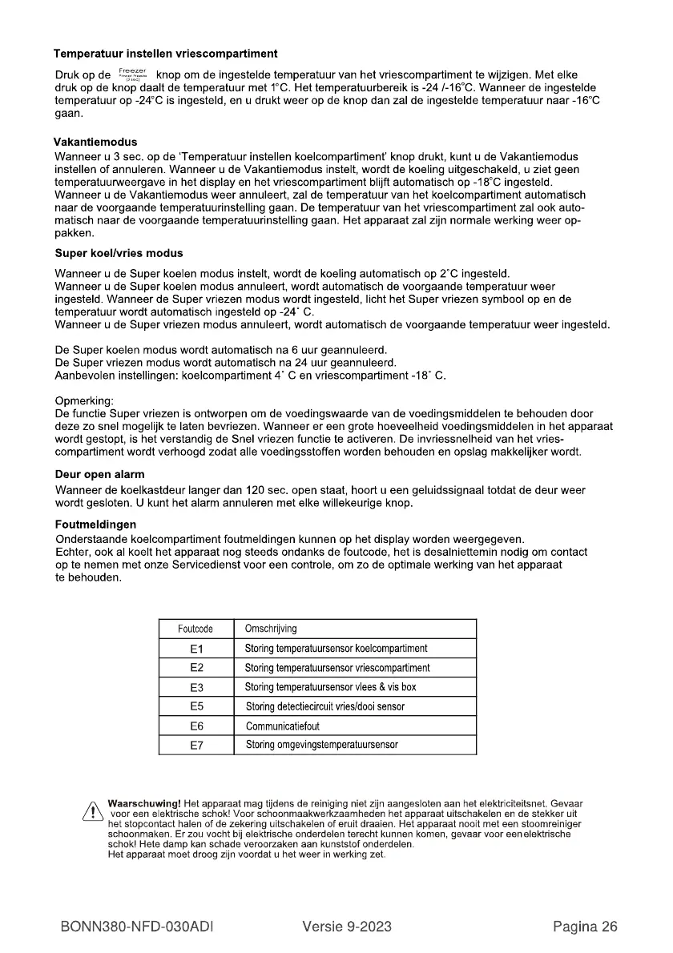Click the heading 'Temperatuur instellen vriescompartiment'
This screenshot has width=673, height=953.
pos(166,54)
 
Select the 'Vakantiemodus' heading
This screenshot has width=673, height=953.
pos(95,142)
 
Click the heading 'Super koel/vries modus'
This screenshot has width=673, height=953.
pos(119,253)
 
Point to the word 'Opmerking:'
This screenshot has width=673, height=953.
pos(84,400)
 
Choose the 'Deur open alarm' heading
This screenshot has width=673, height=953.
pos(99,476)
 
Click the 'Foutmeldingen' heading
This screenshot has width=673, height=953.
pos(89,525)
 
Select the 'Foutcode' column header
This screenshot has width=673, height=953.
pos(195,629)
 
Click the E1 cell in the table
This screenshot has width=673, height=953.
pos(195,648)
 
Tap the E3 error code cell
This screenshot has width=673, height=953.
pos(195,687)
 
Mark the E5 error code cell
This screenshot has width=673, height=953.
pos(195,706)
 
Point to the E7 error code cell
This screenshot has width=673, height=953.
pos(195,746)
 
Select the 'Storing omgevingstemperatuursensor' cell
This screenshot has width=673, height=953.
pos(321,746)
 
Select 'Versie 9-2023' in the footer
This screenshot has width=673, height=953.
pos(347,927)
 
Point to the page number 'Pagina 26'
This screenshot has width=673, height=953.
pos(585,927)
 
